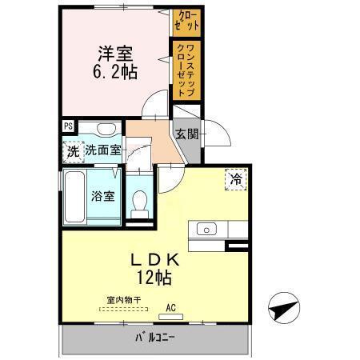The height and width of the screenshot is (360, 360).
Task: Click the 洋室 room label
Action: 116,54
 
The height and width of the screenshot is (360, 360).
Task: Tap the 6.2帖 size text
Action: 116,72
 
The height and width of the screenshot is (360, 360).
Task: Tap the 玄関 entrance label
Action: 186,133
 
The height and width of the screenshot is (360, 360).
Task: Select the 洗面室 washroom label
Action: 103,149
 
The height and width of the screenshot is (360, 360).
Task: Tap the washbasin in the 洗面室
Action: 103,128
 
